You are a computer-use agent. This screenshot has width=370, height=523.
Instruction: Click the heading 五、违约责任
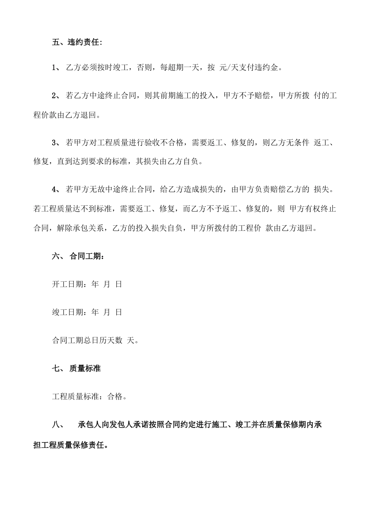[x=77, y=42]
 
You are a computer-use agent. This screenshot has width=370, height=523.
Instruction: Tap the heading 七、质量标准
[x=76, y=368]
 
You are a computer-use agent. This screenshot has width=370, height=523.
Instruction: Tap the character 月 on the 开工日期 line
[x=107, y=284]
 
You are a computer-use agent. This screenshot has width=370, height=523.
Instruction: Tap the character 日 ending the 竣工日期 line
[x=118, y=312]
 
